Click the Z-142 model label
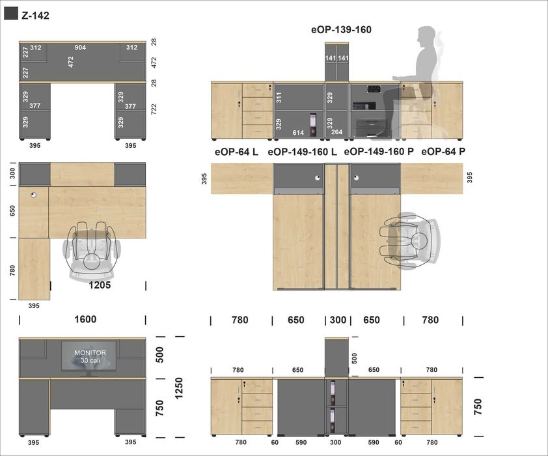(x=35, y=16)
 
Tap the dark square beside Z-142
(x=11, y=14)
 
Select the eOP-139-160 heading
(x=341, y=30)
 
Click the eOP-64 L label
(x=236, y=152)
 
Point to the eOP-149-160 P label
(x=379, y=152)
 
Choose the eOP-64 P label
(x=443, y=152)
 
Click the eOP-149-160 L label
(x=302, y=152)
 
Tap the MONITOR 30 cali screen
(x=89, y=356)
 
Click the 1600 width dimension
(x=85, y=319)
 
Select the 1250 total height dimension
(x=178, y=388)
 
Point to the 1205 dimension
(x=100, y=285)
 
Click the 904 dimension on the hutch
(x=80, y=48)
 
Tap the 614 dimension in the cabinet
(x=298, y=133)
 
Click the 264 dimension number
(x=336, y=132)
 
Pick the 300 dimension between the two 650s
(x=338, y=320)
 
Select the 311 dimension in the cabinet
(x=279, y=98)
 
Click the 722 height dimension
(x=154, y=109)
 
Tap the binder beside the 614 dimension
(x=313, y=124)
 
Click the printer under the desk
(x=371, y=128)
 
